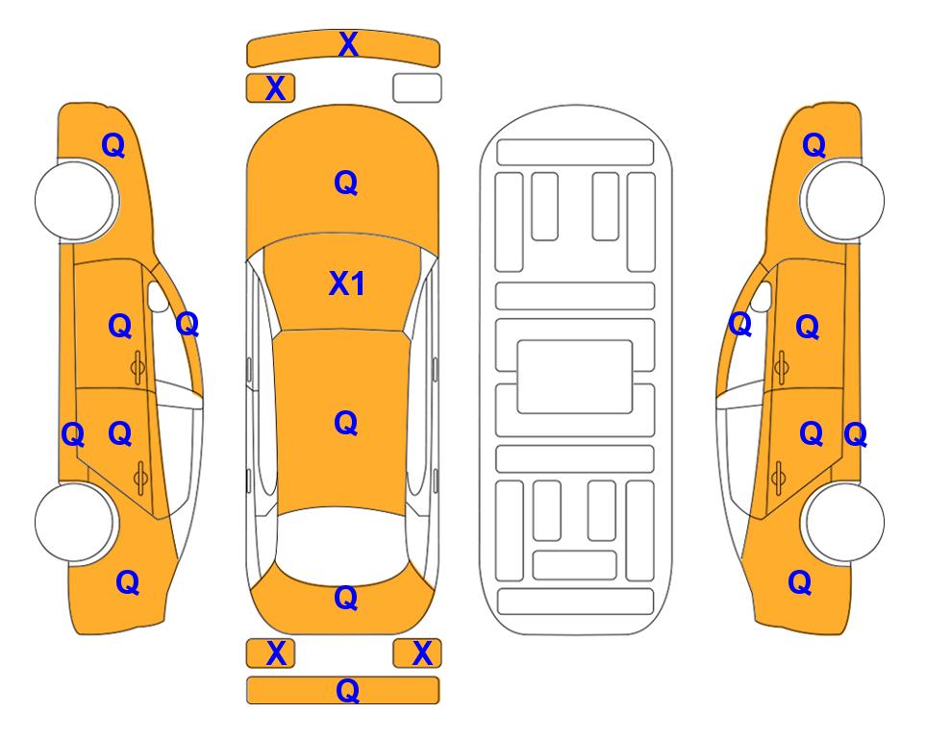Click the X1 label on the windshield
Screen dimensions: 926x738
(x=347, y=283)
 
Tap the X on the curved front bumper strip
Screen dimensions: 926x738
(x=348, y=44)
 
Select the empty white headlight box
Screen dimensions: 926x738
(x=417, y=88)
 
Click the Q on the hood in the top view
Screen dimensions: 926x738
(x=346, y=183)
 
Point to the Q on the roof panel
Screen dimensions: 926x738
(x=346, y=423)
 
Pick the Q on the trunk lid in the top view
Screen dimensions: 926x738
(x=346, y=598)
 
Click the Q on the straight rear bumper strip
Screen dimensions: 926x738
(x=347, y=690)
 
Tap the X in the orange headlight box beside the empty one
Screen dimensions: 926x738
(x=275, y=88)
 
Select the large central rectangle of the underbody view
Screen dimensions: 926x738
(x=575, y=377)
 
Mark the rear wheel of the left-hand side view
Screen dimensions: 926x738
(x=74, y=522)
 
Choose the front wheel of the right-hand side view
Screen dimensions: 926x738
(x=844, y=201)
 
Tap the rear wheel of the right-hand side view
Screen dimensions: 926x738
(x=844, y=522)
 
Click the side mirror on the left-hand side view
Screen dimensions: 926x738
(x=157, y=297)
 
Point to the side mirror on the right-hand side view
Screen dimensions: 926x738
(x=762, y=296)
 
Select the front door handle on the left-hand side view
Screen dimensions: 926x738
(x=138, y=367)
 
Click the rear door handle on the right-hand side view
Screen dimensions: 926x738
(x=779, y=479)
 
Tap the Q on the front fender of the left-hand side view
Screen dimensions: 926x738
(x=113, y=145)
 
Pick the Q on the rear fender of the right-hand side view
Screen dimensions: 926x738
(x=800, y=582)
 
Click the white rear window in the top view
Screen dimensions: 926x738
(x=342, y=544)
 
